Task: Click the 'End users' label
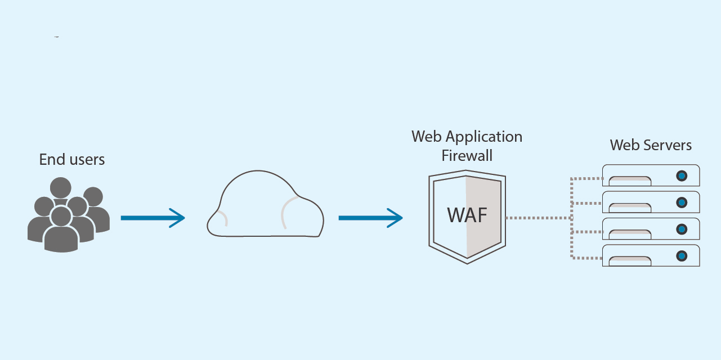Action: click(71, 160)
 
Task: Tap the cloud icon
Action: click(265, 205)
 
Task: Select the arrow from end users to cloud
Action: click(153, 218)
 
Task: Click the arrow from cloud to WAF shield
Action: click(370, 218)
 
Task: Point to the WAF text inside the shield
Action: click(467, 215)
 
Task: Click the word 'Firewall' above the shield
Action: click(467, 155)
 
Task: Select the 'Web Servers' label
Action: click(651, 145)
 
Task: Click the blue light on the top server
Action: click(682, 175)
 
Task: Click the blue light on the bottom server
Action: click(682, 255)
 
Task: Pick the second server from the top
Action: click(651, 202)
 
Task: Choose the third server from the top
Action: click(651, 229)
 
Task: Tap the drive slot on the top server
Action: click(630, 181)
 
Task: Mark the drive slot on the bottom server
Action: click(630, 260)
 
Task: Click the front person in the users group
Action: click(61, 231)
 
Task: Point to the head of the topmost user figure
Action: click(61, 187)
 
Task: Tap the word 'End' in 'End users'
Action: click(49, 160)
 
